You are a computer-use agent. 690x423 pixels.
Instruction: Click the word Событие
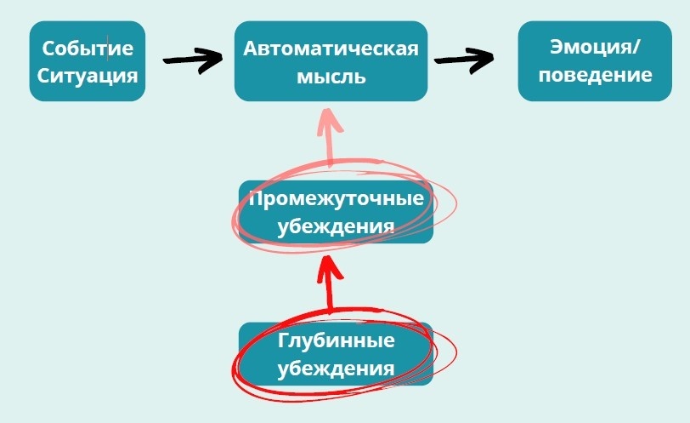click(88, 49)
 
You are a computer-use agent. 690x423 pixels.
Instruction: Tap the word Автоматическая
click(331, 49)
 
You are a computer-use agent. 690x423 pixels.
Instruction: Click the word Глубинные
click(336, 342)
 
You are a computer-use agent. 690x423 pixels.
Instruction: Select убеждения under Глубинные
click(336, 369)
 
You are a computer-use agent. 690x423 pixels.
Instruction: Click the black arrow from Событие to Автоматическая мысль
click(190, 61)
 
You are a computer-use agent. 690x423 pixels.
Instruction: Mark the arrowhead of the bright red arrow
click(330, 266)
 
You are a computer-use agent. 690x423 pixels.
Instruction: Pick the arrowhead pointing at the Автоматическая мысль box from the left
click(210, 60)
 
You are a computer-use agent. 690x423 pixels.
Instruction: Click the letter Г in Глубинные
click(283, 342)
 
